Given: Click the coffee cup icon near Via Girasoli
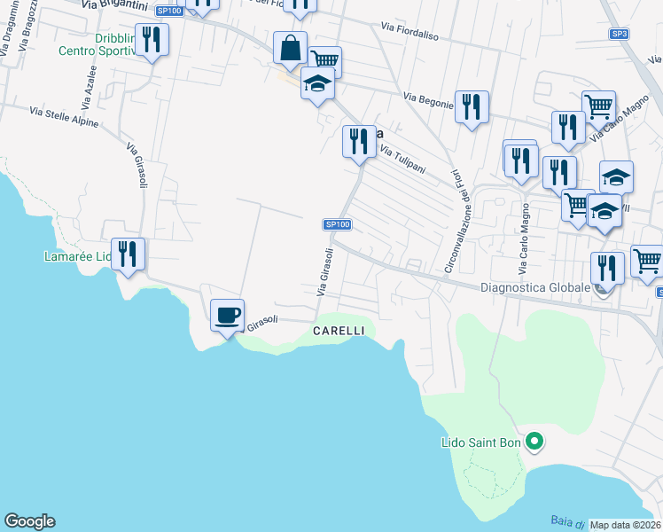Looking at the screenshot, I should [227, 314].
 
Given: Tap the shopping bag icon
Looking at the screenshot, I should [291, 48].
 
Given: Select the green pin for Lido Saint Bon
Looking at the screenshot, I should [534, 440].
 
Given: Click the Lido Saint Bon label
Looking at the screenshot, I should [481, 442].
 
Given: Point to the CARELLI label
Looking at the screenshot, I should [339, 331].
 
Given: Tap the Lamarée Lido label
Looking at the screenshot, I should [77, 257].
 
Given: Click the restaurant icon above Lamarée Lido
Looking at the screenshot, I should [128, 254].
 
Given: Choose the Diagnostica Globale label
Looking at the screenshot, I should [534, 287].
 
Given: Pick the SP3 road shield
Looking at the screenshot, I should [619, 34].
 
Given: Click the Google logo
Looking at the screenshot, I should [29, 521].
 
